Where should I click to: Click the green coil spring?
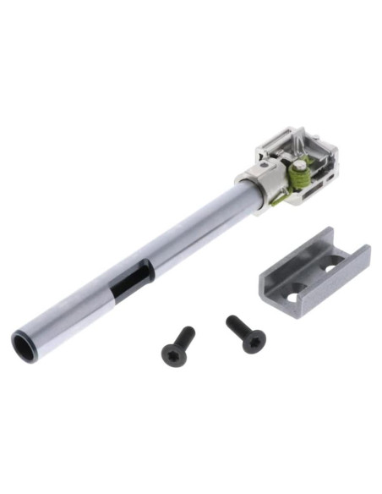point(297,178)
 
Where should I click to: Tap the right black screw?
point(245,334)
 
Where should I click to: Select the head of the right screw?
point(253,342)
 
